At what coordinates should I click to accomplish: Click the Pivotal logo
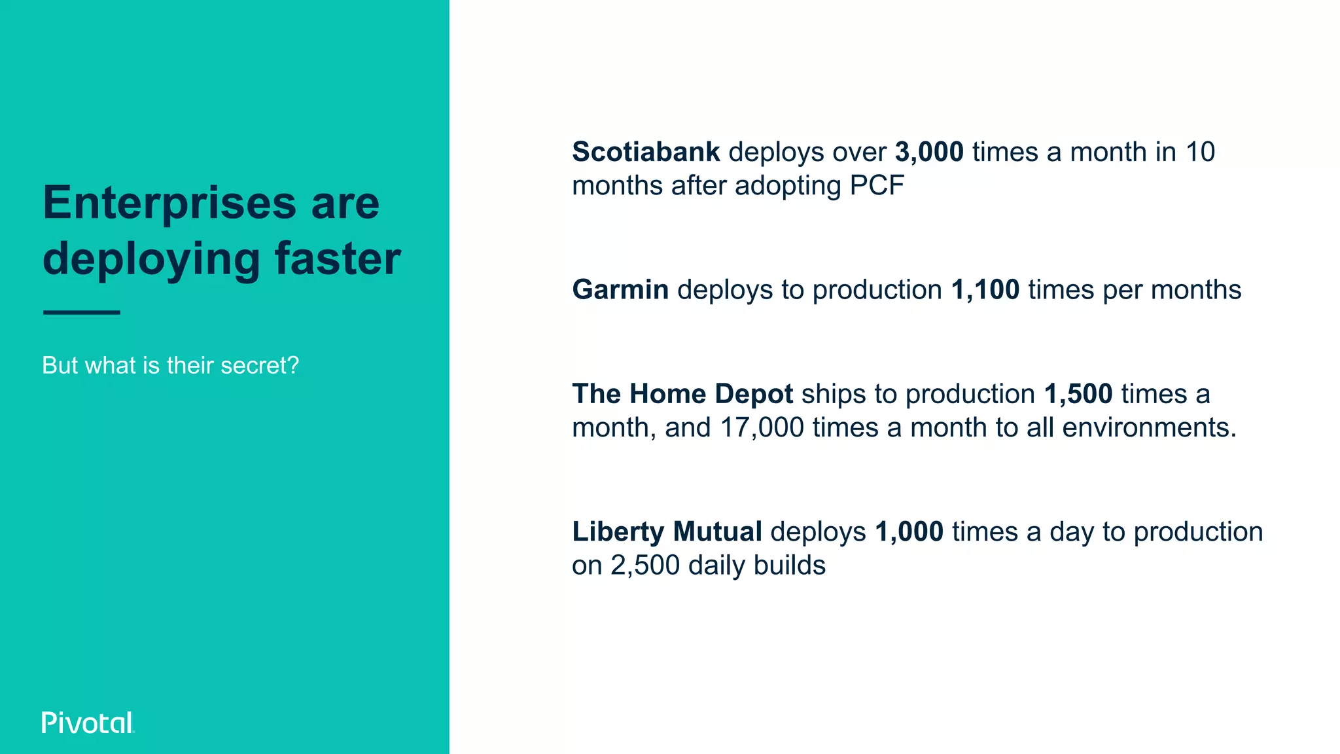(x=88, y=723)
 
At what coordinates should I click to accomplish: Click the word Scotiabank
(x=646, y=152)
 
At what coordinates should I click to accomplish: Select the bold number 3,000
(x=929, y=152)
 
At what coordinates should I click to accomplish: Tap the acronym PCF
(x=877, y=186)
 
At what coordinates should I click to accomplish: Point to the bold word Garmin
(x=620, y=290)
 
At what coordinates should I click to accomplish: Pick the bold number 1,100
(x=985, y=290)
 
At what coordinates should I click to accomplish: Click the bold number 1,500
(x=1078, y=394)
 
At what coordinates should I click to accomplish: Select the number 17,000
(x=762, y=428)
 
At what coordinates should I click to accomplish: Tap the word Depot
(x=754, y=394)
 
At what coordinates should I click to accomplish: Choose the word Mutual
(x=717, y=531)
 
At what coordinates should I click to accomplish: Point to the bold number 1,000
(x=909, y=531)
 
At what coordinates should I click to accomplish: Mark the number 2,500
(x=645, y=565)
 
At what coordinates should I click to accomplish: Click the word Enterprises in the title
(x=169, y=203)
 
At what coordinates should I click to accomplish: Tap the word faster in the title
(x=338, y=259)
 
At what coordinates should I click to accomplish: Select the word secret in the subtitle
(x=253, y=365)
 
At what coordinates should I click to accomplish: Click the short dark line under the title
(x=82, y=312)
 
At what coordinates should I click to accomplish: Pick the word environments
(x=1150, y=428)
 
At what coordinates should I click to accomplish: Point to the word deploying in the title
(x=152, y=260)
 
